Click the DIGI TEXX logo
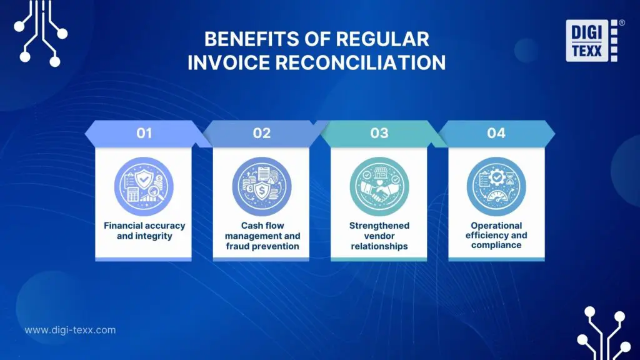(x=591, y=41)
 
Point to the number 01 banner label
(x=144, y=133)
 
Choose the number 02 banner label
(x=261, y=133)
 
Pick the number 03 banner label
(x=379, y=133)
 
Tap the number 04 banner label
(x=496, y=133)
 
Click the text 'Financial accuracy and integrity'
(x=144, y=231)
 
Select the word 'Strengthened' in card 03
(x=379, y=226)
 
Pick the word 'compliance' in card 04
(x=496, y=246)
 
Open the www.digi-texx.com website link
(x=70, y=330)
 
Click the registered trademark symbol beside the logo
(x=621, y=22)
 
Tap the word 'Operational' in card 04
(x=496, y=226)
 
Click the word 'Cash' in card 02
(x=252, y=226)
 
